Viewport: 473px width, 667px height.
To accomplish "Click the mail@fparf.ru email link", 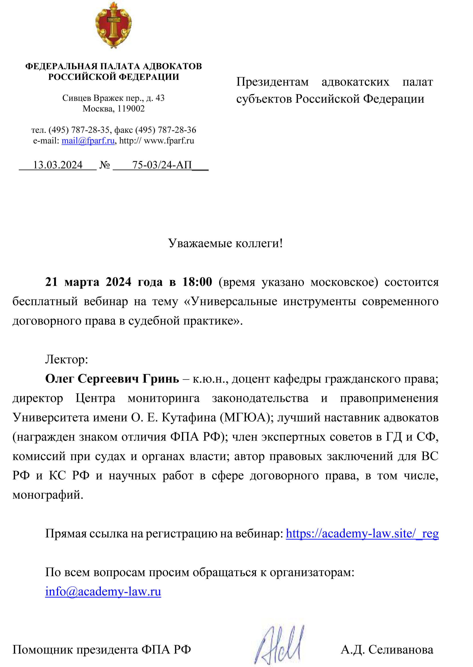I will click(88, 141).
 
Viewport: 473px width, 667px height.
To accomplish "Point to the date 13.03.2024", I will click(58, 165).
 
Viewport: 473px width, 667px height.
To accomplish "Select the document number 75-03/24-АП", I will click(162, 165).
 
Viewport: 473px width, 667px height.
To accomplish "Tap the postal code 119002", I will click(131, 109).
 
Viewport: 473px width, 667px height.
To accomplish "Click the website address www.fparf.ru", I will click(169, 141).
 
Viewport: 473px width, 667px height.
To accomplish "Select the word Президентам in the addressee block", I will click(272, 82).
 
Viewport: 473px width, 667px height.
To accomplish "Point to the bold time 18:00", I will click(197, 282).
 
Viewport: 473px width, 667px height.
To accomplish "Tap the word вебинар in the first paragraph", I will click(106, 301).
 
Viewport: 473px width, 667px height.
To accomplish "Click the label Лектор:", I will click(66, 359).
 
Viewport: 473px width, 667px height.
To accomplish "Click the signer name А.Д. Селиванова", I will click(387, 649).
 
